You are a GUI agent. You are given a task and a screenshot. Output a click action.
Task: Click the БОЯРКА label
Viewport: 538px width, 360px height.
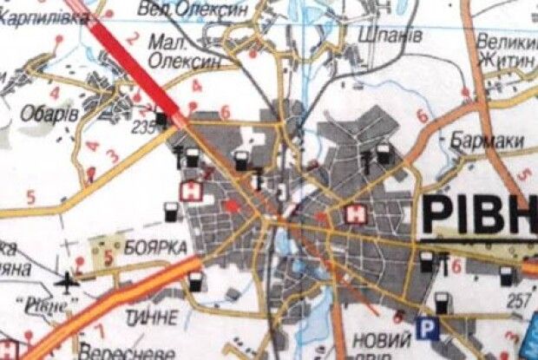coord(156,246)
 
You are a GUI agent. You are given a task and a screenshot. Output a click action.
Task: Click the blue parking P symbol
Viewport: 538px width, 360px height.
coord(426,327)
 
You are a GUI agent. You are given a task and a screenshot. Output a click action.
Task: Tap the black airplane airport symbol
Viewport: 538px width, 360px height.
coord(67,280)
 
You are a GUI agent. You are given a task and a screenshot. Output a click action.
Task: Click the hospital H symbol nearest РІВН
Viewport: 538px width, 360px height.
coord(354,213)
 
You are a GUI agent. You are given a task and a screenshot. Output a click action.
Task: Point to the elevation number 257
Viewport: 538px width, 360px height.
coord(519,299)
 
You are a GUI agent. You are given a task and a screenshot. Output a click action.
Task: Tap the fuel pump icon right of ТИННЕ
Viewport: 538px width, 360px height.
coord(196,281)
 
